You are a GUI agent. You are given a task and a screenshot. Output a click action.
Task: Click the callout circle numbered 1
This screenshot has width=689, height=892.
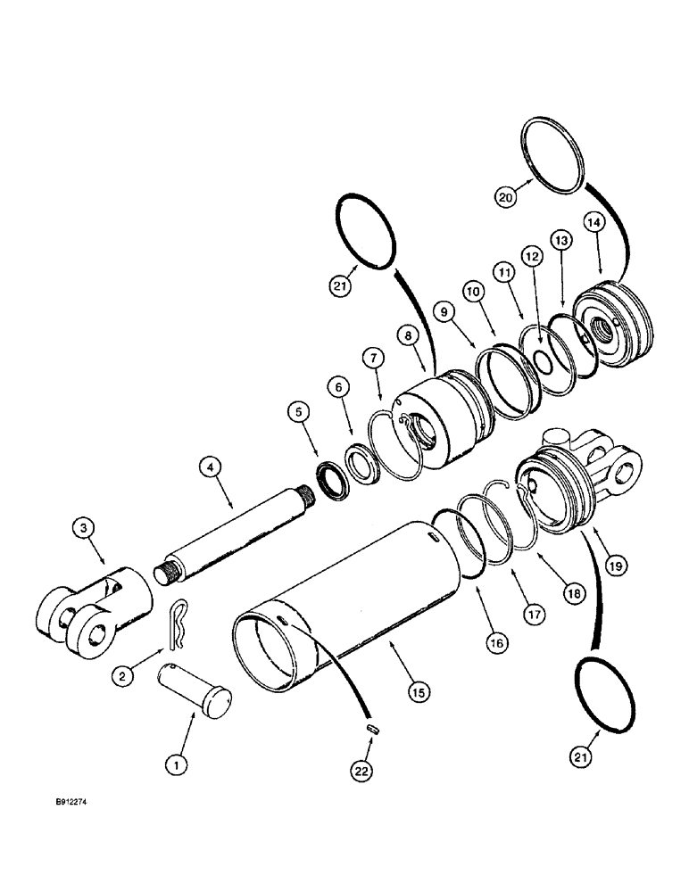point(178,764)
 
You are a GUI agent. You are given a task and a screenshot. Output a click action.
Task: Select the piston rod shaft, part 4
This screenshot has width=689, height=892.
point(237,535)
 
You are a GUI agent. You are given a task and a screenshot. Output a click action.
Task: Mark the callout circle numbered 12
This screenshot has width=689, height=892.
point(532,258)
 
